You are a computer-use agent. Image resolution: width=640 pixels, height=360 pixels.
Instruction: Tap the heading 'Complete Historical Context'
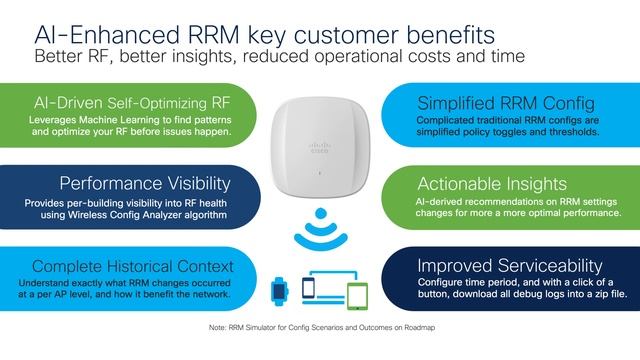point(136,266)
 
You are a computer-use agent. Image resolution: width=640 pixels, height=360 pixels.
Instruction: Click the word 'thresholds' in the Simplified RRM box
point(570,131)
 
